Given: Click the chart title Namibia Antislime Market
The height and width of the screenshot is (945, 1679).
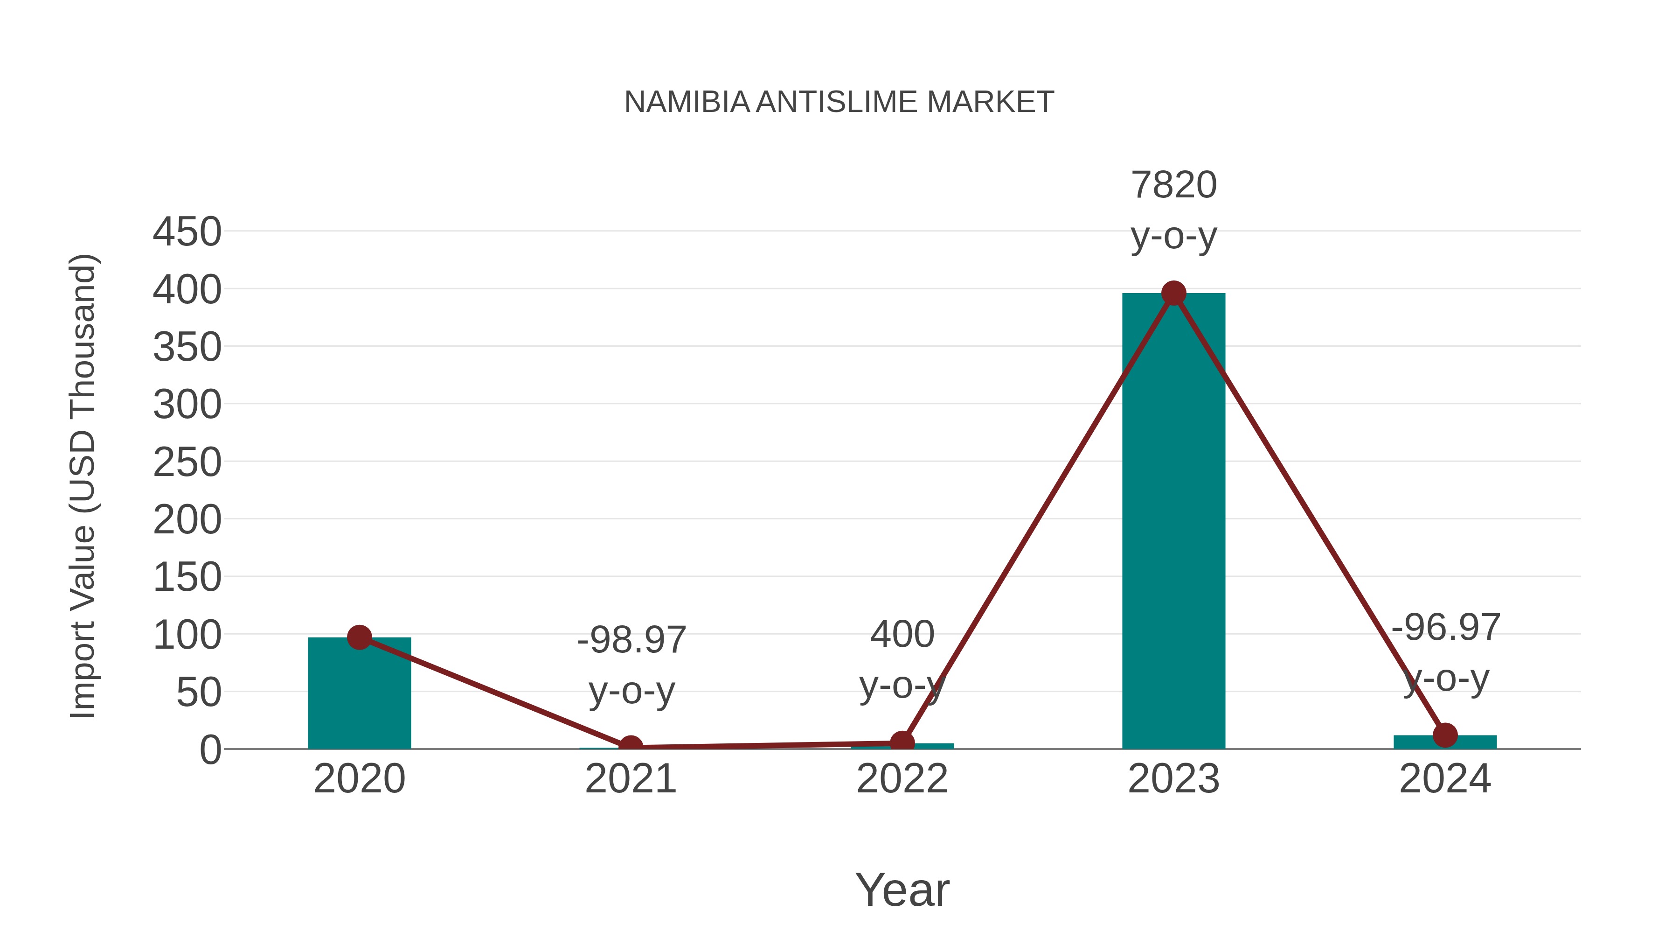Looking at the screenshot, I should pos(839,102).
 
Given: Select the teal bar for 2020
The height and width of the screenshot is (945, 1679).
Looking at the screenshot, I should pos(359,694).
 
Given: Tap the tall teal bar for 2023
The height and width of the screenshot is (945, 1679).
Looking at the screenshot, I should pos(1173,522).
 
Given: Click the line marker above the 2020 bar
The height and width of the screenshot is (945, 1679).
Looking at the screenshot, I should pos(359,637).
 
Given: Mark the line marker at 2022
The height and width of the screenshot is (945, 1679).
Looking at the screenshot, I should pos(902,742).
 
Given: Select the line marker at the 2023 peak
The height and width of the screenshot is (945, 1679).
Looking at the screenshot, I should pos(1173,294).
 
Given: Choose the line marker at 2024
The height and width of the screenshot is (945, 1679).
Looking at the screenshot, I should pos(1445,735).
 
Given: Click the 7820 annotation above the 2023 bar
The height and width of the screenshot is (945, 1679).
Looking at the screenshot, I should pos(1173,185).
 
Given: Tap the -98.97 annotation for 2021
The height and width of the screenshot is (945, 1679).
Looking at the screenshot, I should pos(631,640).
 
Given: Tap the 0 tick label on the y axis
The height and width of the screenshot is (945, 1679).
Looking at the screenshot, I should pos(210,750).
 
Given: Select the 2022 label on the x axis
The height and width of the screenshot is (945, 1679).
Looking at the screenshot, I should pos(902,779).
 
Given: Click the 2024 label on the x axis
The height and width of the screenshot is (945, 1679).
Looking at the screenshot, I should pos(1445,779).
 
